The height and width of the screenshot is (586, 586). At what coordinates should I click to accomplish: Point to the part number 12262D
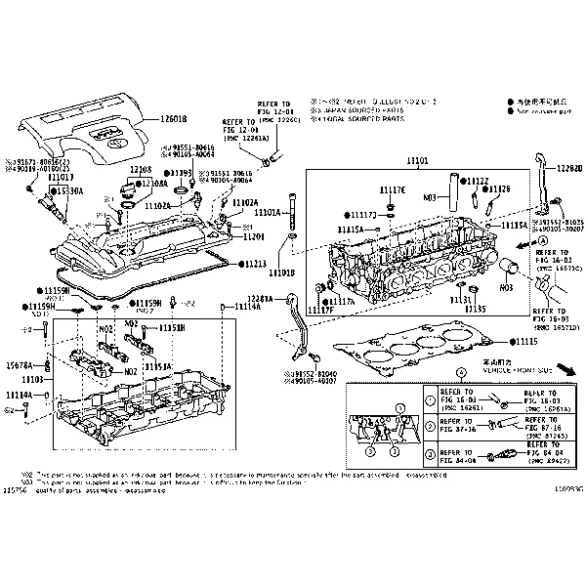click(x=571, y=168)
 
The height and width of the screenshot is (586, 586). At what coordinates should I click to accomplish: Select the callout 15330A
click(x=69, y=190)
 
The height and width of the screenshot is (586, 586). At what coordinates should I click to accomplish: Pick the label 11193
click(x=181, y=172)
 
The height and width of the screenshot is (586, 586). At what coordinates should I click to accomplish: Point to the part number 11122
click(x=478, y=181)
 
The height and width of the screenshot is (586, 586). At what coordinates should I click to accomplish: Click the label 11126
click(x=499, y=188)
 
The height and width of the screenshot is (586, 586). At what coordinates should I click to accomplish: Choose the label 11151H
click(x=172, y=328)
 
